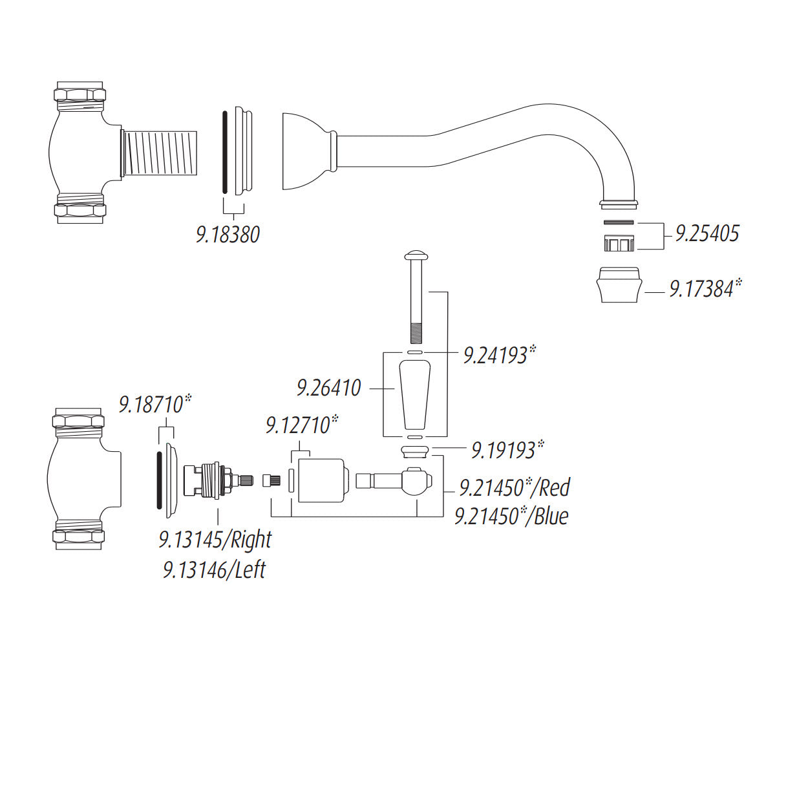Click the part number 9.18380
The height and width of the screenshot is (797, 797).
[228, 233]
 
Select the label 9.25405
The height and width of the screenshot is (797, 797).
[707, 233]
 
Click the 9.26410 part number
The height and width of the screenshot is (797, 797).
[328, 388]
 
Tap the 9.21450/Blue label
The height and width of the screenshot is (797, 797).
[511, 516]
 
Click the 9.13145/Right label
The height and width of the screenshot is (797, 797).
[215, 539]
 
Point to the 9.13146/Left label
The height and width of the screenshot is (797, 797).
[214, 569]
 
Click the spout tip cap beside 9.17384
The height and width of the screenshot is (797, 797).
[620, 285]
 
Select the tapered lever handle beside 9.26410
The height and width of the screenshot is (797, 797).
[415, 395]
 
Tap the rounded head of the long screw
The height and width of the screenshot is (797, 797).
[414, 255]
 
